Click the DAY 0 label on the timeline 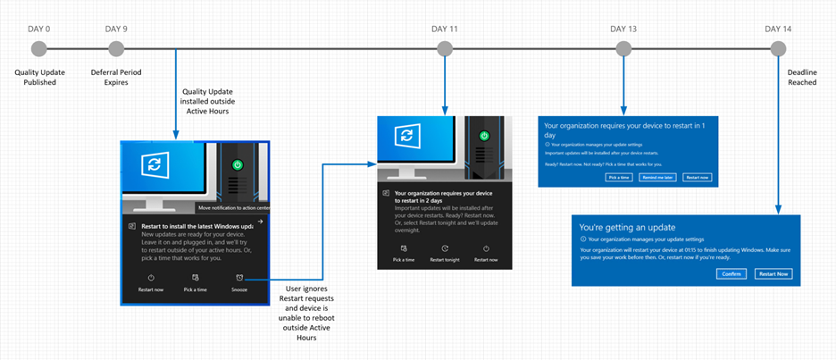(x=39, y=29)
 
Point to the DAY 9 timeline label (x=116, y=29)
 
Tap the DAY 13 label (x=623, y=29)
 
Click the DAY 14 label (x=778, y=29)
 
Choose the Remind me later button (x=656, y=177)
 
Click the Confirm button (x=731, y=273)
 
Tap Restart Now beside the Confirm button (x=773, y=273)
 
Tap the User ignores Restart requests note (x=310, y=313)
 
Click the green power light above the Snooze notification (x=236, y=164)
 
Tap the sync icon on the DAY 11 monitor (x=407, y=135)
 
